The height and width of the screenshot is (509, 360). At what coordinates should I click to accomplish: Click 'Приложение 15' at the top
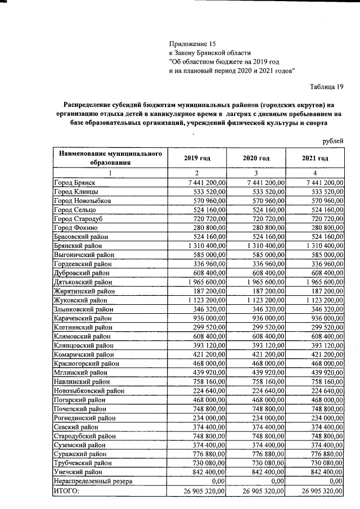click(192, 43)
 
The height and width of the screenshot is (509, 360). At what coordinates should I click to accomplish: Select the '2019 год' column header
click(197, 159)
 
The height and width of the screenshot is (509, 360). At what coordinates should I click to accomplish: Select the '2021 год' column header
click(315, 159)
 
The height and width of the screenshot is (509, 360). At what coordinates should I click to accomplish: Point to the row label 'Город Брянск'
click(75, 183)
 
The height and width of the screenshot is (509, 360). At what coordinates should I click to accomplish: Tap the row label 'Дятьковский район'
click(82, 282)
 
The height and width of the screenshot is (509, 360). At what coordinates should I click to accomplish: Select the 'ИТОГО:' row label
click(66, 490)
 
